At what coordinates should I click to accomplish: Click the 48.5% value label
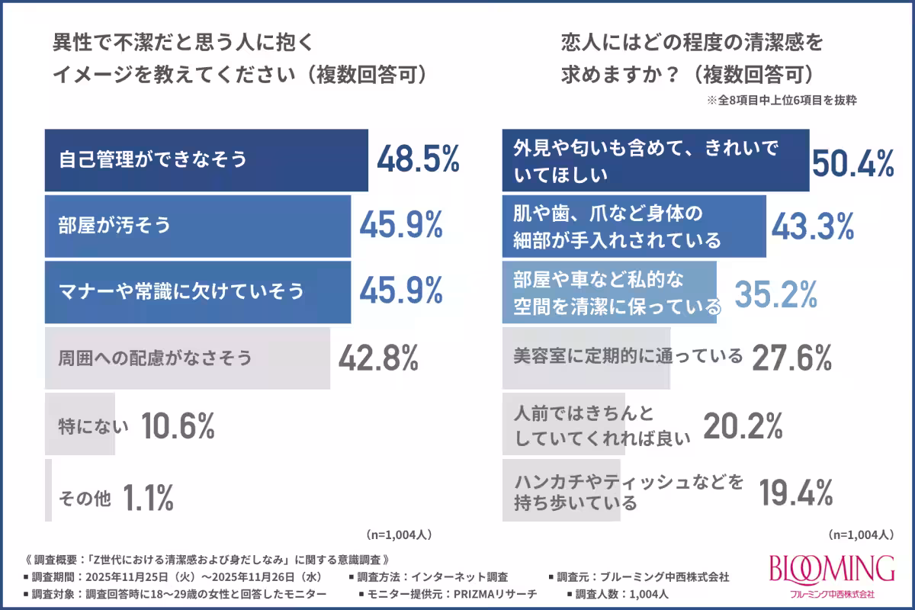(x=419, y=161)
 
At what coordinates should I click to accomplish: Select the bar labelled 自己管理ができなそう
(x=206, y=161)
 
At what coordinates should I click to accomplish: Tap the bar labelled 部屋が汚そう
(x=197, y=226)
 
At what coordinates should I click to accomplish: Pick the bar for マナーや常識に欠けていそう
(x=197, y=291)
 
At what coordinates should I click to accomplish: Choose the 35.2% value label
(x=775, y=291)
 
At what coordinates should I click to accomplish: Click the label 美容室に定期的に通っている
(x=629, y=356)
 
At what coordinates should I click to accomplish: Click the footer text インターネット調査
(x=469, y=576)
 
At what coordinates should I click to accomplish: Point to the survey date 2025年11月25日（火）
(x=136, y=576)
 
